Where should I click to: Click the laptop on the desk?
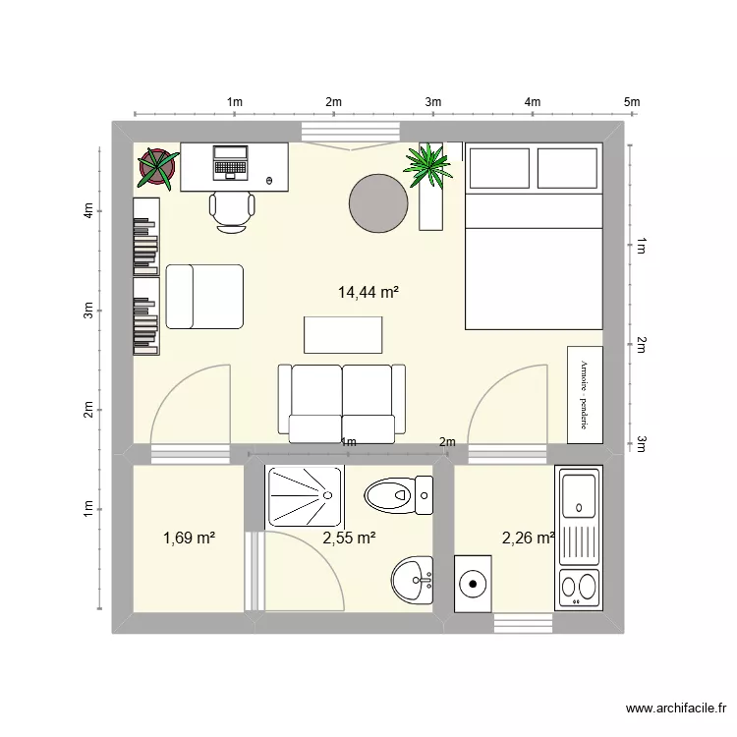[231, 162]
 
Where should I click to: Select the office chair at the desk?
[232, 209]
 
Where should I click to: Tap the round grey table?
[378, 203]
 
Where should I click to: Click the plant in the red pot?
[157, 168]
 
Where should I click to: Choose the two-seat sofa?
[341, 399]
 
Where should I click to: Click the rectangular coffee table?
[342, 334]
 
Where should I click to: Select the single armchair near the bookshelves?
[204, 296]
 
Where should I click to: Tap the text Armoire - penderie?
[583, 393]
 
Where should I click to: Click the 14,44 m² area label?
[368, 292]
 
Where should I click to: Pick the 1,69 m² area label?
[189, 538]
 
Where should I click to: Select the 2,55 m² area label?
[349, 538]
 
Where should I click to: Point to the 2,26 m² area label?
[529, 538]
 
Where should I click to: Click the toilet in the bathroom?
[398, 493]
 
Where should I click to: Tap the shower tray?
[304, 496]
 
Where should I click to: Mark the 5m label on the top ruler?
[631, 101]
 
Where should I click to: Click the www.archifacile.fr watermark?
[677, 709]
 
